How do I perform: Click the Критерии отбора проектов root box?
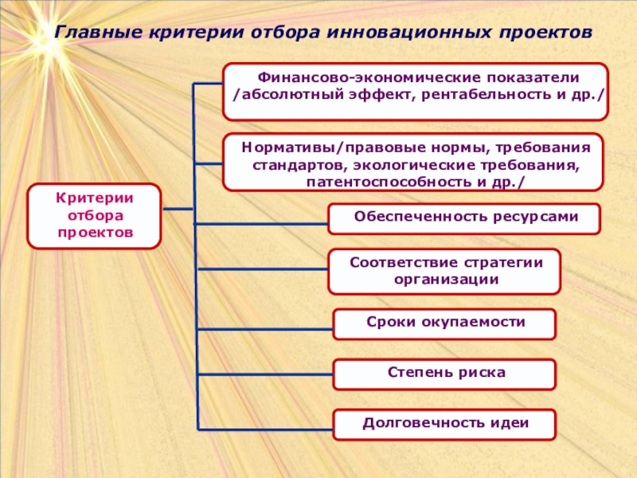click(95, 215)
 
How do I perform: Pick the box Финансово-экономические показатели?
click(416, 92)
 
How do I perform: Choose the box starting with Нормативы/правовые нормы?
click(412, 162)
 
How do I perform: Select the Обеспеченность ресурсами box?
click(465, 217)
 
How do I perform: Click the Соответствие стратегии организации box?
click(445, 271)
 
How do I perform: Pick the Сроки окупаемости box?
click(444, 323)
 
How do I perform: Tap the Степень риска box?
click(444, 373)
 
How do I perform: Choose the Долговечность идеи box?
click(444, 423)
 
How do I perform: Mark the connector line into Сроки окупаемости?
click(263, 324)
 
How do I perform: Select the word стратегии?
click(492, 262)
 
